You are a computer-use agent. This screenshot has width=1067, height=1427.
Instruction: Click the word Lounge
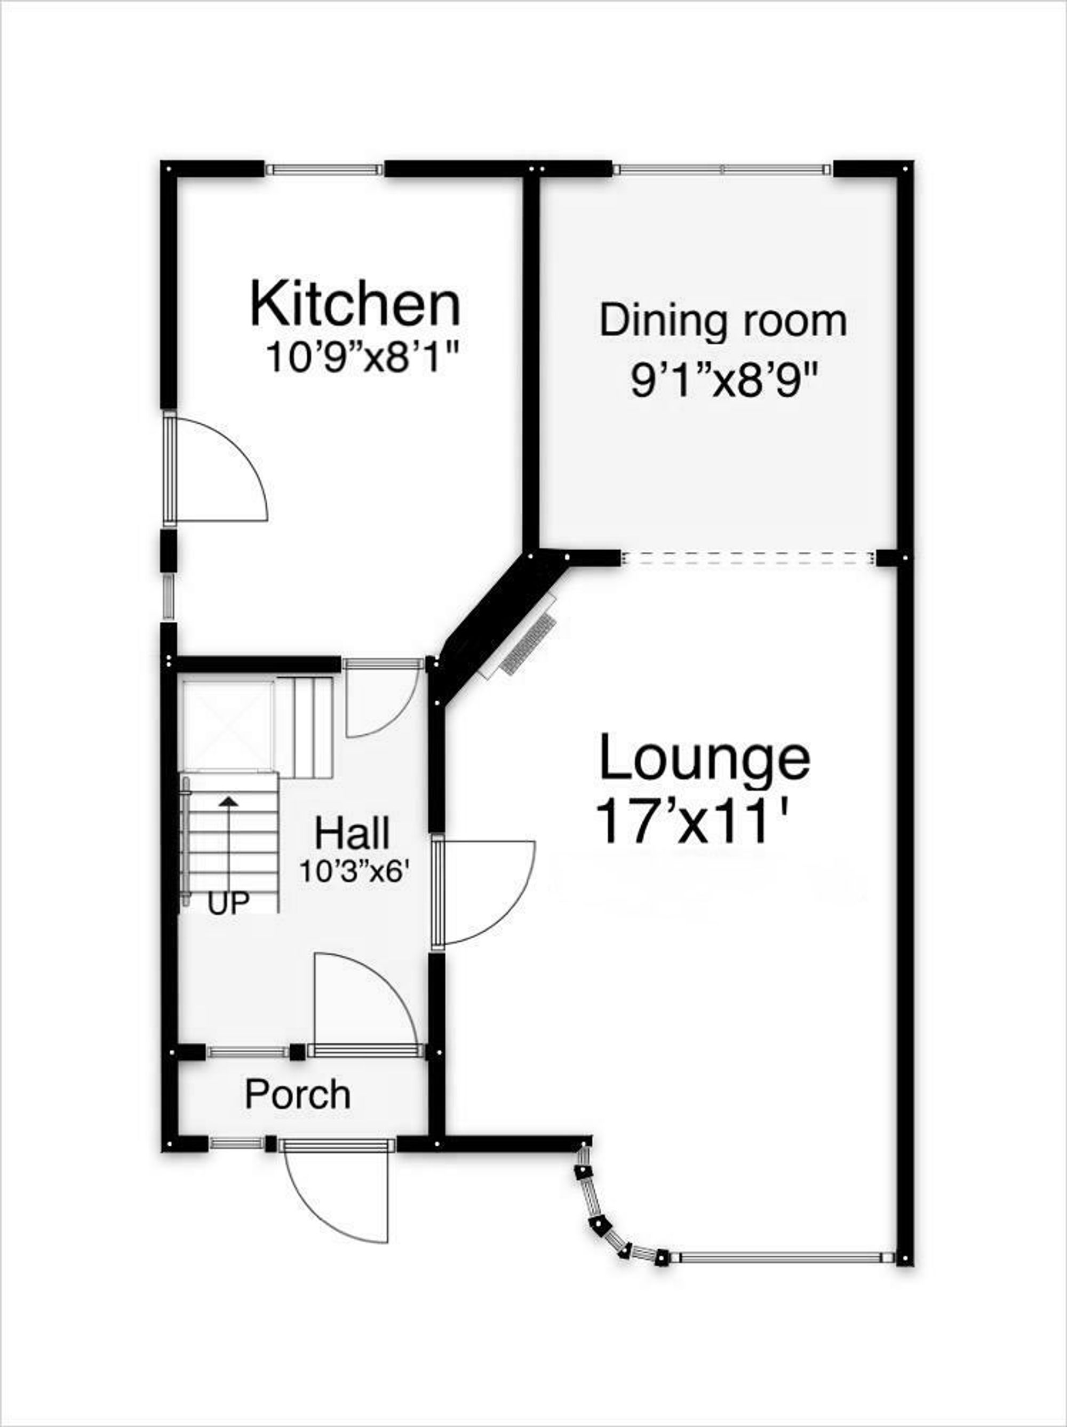(704, 759)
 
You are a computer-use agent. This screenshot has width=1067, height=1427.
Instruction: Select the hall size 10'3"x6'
(355, 871)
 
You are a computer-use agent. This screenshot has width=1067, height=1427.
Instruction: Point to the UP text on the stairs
(228, 904)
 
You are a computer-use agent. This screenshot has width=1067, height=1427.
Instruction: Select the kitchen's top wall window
(324, 170)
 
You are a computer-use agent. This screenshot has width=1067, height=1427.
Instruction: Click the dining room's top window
(721, 170)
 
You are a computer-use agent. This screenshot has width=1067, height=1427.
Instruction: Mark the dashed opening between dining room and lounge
(747, 558)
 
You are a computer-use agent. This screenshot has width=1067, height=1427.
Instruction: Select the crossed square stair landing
(226, 724)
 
